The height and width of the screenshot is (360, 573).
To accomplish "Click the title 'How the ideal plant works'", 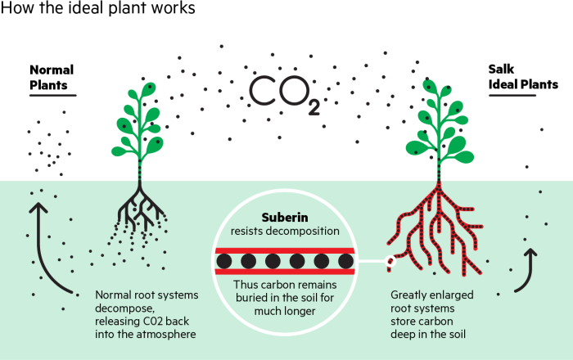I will click(97, 10).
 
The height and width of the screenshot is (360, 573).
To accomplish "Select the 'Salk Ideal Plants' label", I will click(523, 77).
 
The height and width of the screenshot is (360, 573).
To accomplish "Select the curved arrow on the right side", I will click(527, 270).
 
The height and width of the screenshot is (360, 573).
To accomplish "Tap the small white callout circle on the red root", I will click(390, 262).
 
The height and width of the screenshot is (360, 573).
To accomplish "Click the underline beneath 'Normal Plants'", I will click(52, 96).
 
